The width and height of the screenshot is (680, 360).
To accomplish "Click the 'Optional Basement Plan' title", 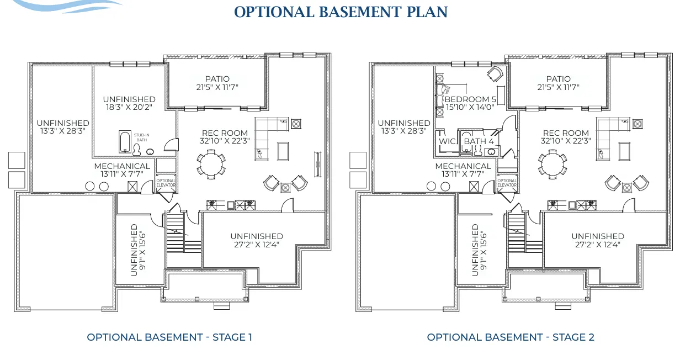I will tap(341, 12).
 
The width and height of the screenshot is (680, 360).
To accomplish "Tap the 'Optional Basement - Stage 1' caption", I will tap(169, 337).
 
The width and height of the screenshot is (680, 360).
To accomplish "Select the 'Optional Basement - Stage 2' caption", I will tap(511, 337).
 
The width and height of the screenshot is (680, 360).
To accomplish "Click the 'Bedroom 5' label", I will tap(470, 99).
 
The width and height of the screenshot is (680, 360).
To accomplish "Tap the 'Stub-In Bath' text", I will tap(142, 137).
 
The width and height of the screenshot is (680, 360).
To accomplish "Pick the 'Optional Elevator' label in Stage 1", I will tap(166, 183).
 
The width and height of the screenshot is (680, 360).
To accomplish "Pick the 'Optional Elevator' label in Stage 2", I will tap(507, 183).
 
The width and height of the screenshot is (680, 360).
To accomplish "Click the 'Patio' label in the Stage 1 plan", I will tap(217, 79).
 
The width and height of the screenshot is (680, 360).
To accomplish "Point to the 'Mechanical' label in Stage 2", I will tap(463, 166).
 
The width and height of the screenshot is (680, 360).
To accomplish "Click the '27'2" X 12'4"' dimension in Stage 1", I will tap(257, 244).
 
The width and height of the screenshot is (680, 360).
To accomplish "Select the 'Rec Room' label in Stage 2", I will tap(566, 133).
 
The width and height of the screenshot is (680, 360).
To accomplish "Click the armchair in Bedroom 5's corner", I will tap(495, 73).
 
